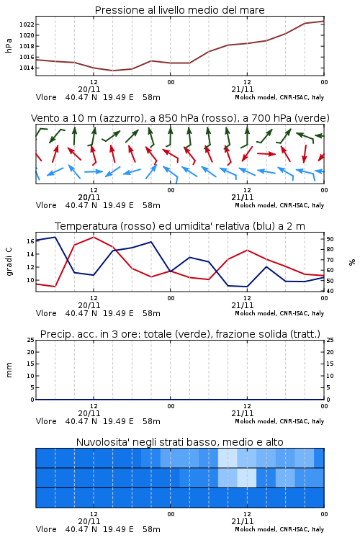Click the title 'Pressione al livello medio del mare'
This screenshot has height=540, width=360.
tap(179, 10)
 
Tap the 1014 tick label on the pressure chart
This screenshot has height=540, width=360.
tap(26, 68)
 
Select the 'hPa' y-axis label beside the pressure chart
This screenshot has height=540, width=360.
tap(9, 45)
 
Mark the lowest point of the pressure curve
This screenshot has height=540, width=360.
tap(112, 71)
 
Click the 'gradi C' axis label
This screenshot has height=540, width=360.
tap(9, 262)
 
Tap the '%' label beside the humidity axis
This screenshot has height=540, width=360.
tap(352, 262)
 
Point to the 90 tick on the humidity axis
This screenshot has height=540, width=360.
tap(330, 239)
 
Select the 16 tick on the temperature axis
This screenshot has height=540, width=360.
tap(30, 241)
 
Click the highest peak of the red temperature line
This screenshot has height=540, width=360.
tap(94, 237)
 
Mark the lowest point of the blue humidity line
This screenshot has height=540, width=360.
tap(247, 287)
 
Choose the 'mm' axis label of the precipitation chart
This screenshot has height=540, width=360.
tap(9, 370)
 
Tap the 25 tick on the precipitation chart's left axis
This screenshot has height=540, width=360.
tap(30, 340)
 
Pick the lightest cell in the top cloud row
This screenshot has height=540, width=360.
tap(228, 458)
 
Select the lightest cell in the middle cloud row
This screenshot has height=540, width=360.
tap(247, 477)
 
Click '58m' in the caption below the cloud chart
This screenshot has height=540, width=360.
tap(151, 529)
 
